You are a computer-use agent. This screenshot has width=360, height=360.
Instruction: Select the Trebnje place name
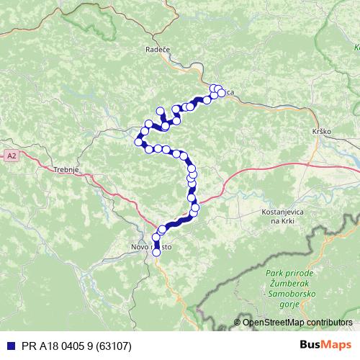[66, 170]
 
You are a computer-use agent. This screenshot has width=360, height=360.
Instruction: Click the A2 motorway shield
[12, 155]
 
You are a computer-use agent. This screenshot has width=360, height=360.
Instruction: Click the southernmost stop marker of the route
[156, 252]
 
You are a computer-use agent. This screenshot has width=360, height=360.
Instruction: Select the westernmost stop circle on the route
[138, 141]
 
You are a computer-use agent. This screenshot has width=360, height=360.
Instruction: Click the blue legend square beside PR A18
[8, 345]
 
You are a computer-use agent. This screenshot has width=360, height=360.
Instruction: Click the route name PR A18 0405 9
[55, 345]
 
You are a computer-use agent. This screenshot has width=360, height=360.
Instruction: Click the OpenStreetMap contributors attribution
[297, 322]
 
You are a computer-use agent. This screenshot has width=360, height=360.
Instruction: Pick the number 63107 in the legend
[114, 345]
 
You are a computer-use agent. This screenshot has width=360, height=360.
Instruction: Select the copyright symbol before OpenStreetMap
[237, 322]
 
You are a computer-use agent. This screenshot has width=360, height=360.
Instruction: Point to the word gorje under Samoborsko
[288, 305]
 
